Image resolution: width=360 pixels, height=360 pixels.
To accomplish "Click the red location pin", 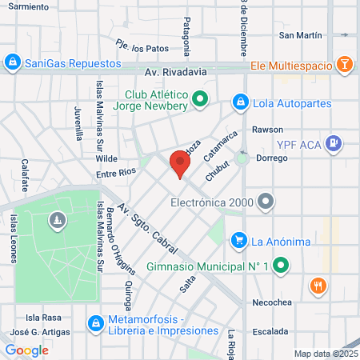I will click(x=179, y=164).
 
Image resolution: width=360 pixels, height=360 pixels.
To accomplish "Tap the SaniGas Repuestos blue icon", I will click(x=12, y=62).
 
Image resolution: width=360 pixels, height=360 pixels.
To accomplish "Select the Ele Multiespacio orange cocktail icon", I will click(x=343, y=64).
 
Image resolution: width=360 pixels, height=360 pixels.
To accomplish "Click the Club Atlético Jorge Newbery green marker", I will click(x=201, y=100).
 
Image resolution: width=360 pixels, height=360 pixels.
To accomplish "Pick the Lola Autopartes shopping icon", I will click(x=239, y=102).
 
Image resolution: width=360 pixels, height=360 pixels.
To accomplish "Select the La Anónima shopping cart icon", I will click(x=238, y=239).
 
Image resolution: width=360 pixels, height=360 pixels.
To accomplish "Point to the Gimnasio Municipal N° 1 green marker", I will click(x=281, y=266).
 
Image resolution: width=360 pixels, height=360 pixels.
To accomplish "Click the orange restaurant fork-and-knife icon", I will click(x=318, y=286).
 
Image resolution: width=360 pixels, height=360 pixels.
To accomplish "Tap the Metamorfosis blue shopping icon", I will click(x=95, y=322).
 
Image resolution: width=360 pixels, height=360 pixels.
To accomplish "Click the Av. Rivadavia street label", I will click(x=176, y=71).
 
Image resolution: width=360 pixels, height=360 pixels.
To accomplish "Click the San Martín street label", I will click(x=300, y=35).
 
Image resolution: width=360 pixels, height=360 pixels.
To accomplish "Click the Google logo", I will click(x=26, y=350).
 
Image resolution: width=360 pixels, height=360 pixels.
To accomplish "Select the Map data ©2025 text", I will click(x=326, y=354).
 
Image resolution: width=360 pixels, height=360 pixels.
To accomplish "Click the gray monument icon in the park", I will click(x=57, y=219).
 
